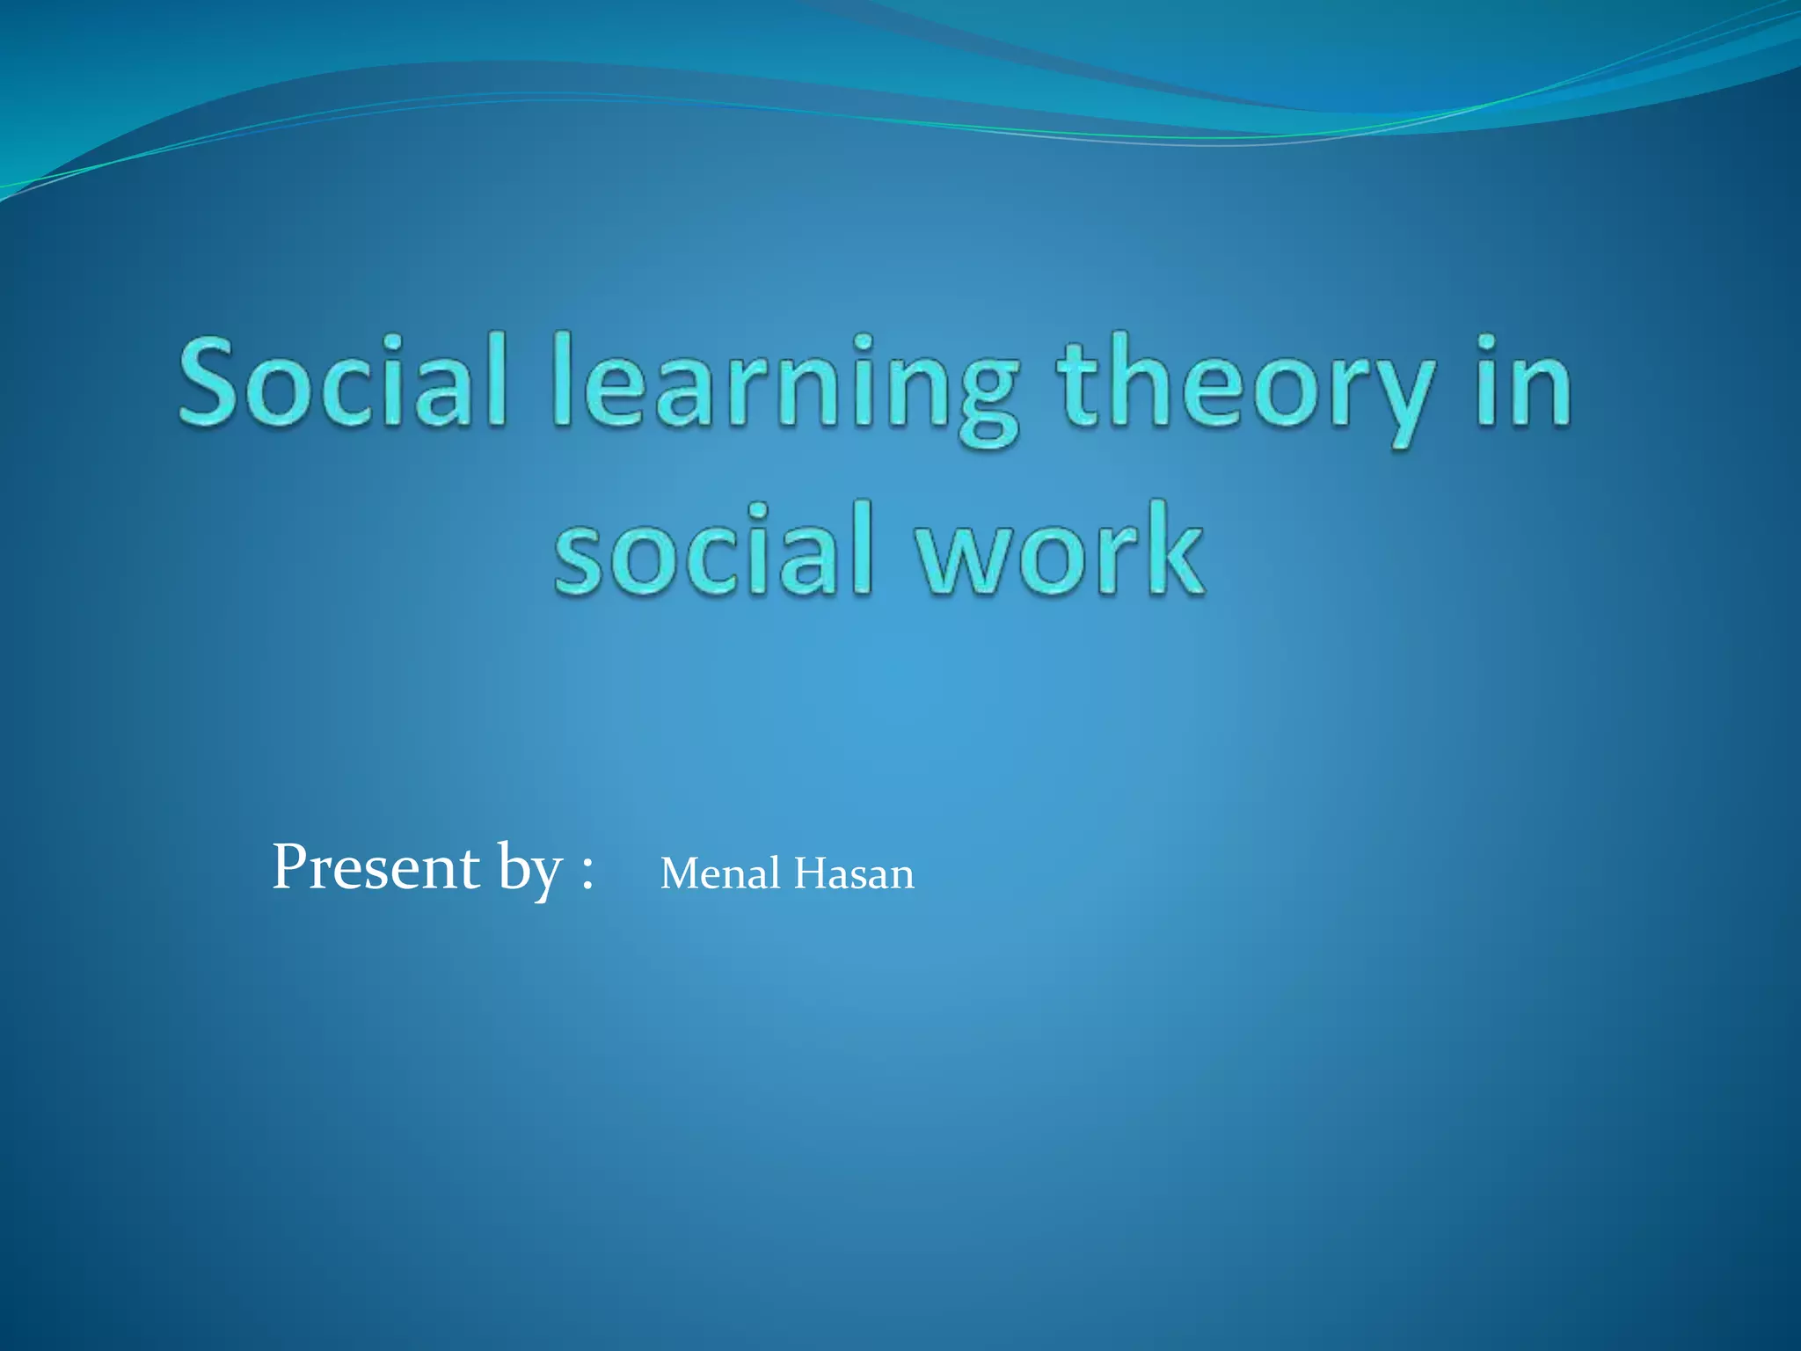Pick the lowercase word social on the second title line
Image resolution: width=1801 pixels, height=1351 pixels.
[x=713, y=550]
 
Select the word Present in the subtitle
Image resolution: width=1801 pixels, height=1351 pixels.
[x=376, y=867]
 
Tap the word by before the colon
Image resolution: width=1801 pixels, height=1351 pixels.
[x=529, y=871]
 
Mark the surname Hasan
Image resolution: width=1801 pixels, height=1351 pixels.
[x=854, y=874]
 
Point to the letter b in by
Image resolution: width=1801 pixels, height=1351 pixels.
[x=511, y=866]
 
